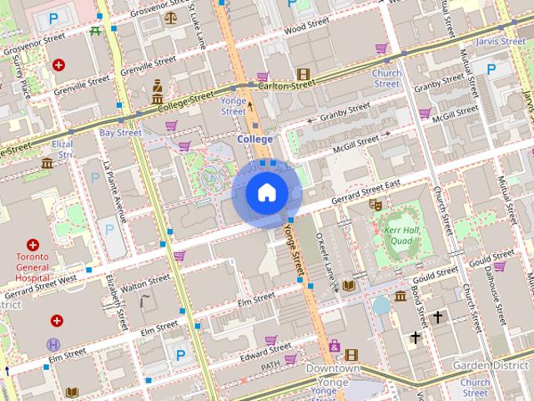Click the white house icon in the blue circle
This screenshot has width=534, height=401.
pyautogui.click(x=265, y=193)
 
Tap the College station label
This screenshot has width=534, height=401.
pyautogui.click(x=254, y=139)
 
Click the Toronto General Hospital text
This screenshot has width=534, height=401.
pyautogui.click(x=34, y=266)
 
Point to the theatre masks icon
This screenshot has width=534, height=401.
pyautogui.click(x=375, y=203)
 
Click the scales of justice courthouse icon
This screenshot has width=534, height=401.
pyautogui.click(x=171, y=17)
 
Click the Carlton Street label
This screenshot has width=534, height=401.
pyautogui.click(x=286, y=84)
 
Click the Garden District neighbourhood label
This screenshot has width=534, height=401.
pyautogui.click(x=492, y=366)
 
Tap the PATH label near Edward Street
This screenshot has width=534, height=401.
pyautogui.click(x=270, y=366)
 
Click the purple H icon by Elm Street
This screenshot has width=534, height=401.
pyautogui.click(x=54, y=344)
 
